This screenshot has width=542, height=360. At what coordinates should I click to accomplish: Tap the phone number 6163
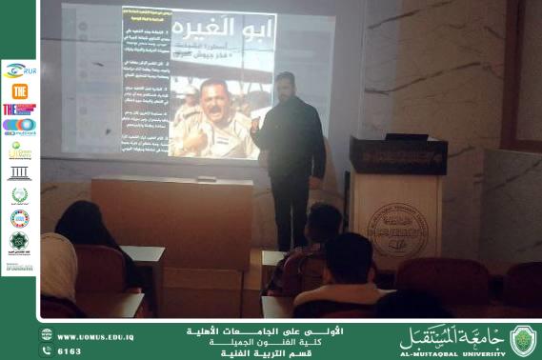(70, 350)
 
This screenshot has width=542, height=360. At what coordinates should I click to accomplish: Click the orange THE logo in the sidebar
(19, 90)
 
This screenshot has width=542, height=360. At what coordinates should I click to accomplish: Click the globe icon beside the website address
(47, 335)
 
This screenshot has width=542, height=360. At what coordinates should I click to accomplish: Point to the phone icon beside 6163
(47, 350)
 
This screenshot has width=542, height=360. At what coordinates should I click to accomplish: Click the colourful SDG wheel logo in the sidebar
(19, 218)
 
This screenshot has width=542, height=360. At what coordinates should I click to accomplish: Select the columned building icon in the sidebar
(19, 173)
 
